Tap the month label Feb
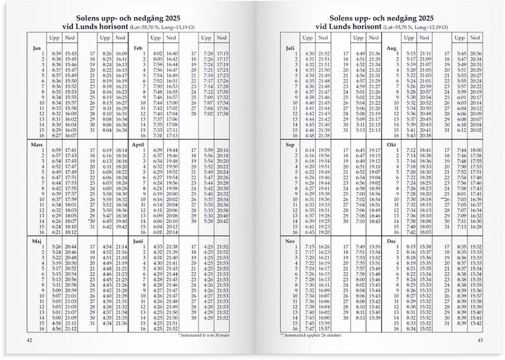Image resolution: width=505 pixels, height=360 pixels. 138,48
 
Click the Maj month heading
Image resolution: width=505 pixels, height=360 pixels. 36,241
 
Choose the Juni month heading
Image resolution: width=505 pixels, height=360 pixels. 138,241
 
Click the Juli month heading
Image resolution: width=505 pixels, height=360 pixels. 290,48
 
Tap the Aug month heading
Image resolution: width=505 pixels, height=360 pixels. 391,48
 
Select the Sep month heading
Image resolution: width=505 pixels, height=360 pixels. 290,143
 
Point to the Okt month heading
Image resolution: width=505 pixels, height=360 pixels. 391,143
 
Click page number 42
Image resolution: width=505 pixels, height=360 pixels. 29,340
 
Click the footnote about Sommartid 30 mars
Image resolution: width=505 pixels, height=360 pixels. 206,336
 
